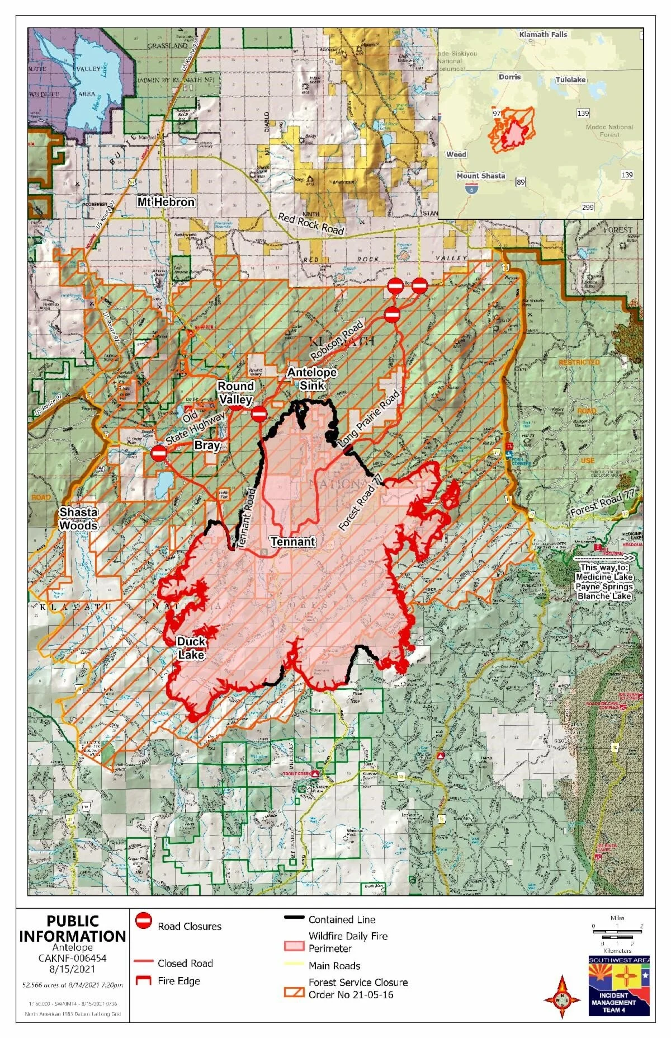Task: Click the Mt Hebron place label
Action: tap(166, 202)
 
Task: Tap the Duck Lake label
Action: tap(191, 648)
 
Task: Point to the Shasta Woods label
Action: tap(79, 518)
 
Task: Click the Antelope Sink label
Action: tap(311, 379)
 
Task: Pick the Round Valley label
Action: tap(235, 392)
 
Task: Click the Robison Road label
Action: tap(337, 340)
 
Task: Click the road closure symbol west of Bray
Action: tap(158, 453)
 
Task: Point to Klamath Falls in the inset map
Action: tap(542, 34)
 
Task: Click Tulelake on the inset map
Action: tap(570, 79)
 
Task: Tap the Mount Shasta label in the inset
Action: tap(480, 175)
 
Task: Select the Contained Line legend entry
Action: tap(342, 919)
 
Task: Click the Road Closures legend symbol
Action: tap(144, 920)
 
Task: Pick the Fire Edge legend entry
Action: tap(178, 980)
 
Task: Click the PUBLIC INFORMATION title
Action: tap(73, 929)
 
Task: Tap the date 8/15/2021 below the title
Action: tap(72, 969)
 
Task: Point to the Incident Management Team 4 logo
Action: tap(618, 985)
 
